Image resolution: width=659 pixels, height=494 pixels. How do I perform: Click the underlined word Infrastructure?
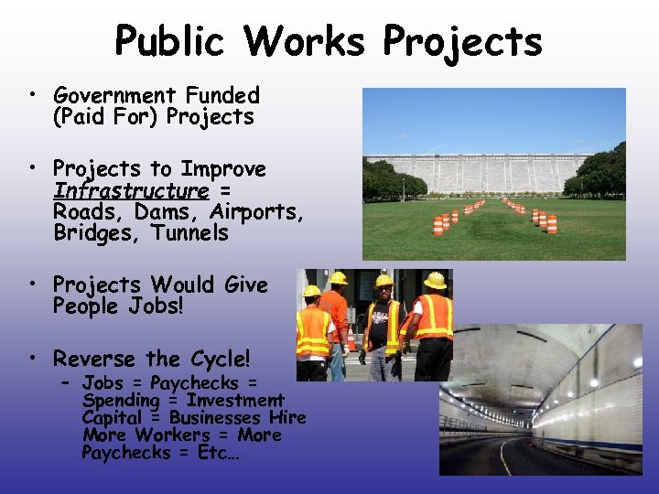point(131,190)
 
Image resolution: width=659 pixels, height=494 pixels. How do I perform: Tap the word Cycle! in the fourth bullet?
point(220,359)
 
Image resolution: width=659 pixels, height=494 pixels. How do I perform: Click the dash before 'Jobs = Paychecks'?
point(67,381)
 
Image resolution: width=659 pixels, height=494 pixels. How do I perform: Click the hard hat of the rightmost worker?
point(436,281)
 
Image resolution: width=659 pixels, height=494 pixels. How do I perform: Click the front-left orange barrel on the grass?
point(438,224)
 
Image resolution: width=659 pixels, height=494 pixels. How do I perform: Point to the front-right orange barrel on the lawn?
point(552,223)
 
